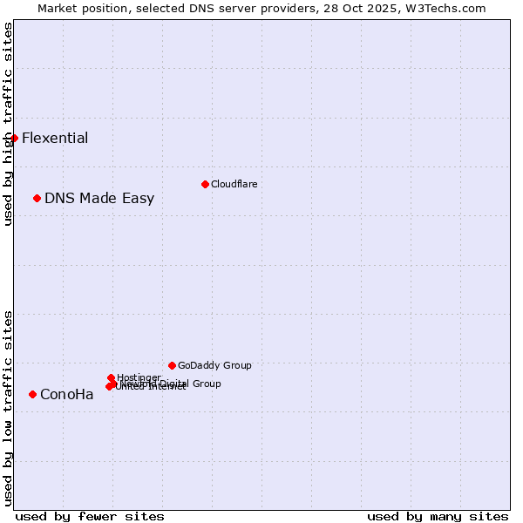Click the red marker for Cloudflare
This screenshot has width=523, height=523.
[x=205, y=184]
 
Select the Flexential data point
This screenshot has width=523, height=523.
[x=14, y=138]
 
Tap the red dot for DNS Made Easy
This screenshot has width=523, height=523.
[x=37, y=198]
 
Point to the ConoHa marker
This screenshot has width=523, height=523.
[x=32, y=394]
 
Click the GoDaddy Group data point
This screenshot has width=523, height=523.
[x=172, y=365]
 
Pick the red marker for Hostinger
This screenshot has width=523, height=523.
[x=111, y=377]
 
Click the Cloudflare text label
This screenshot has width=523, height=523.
[x=234, y=184]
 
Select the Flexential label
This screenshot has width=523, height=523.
[x=55, y=138]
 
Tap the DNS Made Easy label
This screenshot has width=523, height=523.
[x=99, y=198]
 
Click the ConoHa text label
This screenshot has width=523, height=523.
[x=67, y=394]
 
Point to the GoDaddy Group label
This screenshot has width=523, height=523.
[x=214, y=365]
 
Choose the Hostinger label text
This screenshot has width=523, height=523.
[x=139, y=377]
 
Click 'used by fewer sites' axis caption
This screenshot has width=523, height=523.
[x=90, y=516]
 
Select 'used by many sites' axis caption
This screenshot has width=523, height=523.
[x=438, y=516]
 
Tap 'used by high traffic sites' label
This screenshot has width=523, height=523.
[x=9, y=124]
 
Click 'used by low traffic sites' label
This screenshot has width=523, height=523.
[x=9, y=408]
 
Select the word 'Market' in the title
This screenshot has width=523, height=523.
[x=57, y=8]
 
